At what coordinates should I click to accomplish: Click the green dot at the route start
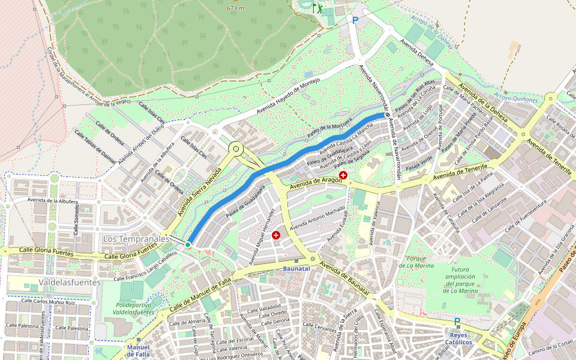point(188,244)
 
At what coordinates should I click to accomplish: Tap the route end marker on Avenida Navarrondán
point(388,114)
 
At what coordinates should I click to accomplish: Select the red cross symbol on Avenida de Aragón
point(343,175)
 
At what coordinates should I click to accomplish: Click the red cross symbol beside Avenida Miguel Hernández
point(276,235)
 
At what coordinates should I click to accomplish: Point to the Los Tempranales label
point(136,239)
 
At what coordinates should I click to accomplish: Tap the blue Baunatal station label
point(296,268)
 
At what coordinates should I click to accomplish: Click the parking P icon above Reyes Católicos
point(457,322)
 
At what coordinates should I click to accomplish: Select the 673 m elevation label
point(235,8)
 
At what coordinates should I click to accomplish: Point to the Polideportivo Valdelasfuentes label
point(133,308)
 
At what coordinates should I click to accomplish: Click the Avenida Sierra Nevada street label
point(200,191)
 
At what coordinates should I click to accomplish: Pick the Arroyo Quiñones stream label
point(515,97)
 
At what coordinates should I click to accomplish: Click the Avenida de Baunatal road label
point(344,278)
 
